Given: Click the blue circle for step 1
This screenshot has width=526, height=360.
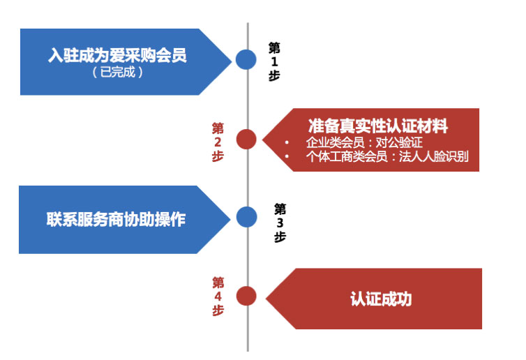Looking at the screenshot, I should coord(246,59).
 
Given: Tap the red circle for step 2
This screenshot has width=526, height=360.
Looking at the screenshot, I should coord(246,140).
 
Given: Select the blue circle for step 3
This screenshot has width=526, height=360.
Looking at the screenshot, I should coord(246,217).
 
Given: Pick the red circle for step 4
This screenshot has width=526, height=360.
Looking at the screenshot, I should coord(246,296).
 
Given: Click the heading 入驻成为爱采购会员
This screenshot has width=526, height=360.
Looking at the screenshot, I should coord(117,55).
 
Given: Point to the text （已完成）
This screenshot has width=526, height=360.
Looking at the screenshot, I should coord(117,72).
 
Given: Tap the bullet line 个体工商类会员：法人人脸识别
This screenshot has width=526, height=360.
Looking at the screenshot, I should coord(387,157).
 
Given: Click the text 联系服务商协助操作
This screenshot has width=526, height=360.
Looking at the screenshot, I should coord(116,218).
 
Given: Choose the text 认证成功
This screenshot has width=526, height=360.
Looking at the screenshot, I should coord(381,299).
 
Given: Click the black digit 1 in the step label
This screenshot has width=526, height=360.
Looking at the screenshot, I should coord(274,61).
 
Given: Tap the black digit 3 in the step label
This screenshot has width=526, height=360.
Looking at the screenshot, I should coord(280,223).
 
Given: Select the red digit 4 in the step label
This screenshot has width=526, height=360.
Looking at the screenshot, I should coord(218,297).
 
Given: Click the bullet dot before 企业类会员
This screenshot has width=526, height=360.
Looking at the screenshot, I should coord(287,143).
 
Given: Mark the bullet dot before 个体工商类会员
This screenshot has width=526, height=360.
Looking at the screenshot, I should coord(287,158).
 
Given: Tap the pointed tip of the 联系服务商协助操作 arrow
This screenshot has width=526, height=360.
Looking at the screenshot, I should coord(230,218).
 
